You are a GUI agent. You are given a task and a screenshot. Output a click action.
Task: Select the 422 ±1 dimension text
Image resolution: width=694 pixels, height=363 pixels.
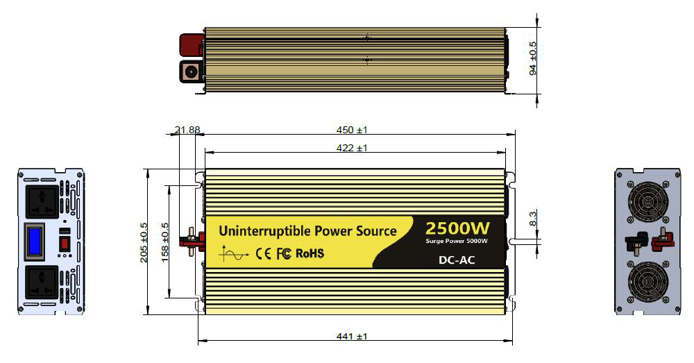click(352, 148)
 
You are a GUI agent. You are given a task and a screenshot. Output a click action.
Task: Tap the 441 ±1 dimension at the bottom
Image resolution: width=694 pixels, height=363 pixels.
click(351, 337)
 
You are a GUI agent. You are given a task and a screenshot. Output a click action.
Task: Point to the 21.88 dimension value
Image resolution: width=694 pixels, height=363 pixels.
click(187, 130)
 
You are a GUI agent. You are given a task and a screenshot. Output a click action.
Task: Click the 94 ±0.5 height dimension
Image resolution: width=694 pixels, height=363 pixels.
click(533, 58)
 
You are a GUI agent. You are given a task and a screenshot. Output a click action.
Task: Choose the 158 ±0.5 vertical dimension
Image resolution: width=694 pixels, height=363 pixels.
click(165, 240)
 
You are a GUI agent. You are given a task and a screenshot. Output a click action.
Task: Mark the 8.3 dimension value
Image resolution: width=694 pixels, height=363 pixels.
click(533, 218)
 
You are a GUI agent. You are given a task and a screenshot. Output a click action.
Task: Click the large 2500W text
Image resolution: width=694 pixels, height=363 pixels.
click(458, 228)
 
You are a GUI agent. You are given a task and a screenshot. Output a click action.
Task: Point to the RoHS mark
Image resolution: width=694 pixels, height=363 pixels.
click(310, 253)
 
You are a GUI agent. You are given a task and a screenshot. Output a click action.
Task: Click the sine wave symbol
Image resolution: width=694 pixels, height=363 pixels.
click(233, 254)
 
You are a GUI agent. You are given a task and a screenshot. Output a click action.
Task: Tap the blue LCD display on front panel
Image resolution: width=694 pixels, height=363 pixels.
click(34, 240)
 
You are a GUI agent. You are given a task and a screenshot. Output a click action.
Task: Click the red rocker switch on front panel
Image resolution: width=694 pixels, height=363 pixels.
click(64, 244)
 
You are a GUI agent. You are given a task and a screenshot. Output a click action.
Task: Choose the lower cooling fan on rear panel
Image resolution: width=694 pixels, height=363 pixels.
click(648, 284)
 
